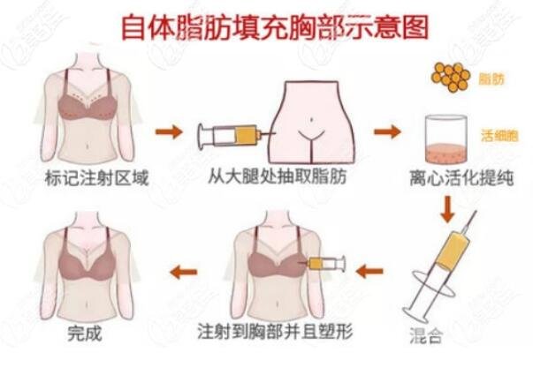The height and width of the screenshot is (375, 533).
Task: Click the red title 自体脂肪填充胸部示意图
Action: tap(275, 26)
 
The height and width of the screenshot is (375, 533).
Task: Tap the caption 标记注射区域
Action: tap(97, 178)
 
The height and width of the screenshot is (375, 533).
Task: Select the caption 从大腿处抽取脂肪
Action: tap(277, 176)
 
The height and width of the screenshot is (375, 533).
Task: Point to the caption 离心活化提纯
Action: tap(461, 178)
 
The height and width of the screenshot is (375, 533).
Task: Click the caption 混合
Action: tap(426, 335)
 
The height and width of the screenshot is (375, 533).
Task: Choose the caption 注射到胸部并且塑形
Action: tap(275, 331)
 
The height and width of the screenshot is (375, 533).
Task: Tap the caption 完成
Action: tap(85, 333)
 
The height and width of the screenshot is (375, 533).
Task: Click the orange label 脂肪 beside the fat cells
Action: tap(491, 79)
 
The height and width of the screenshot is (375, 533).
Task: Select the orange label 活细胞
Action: tap(499, 136)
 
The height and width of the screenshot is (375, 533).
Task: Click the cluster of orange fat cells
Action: tap(451, 78)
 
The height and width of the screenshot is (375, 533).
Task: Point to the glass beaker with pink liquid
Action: tap(446, 139)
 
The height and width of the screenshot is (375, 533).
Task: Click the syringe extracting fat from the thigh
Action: tap(236, 136)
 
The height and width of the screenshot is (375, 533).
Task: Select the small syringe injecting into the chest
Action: tap(322, 264)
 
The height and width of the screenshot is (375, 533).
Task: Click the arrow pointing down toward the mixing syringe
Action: tap(447, 209)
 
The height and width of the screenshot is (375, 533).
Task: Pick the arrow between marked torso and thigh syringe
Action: tap(169, 131)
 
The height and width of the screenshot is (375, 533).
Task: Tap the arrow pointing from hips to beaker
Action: tap(387, 131)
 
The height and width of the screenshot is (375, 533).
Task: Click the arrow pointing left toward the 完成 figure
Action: tap(184, 272)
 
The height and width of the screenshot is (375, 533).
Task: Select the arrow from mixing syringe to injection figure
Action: tap(369, 271)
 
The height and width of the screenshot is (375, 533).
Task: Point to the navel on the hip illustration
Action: tap(311, 119)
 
